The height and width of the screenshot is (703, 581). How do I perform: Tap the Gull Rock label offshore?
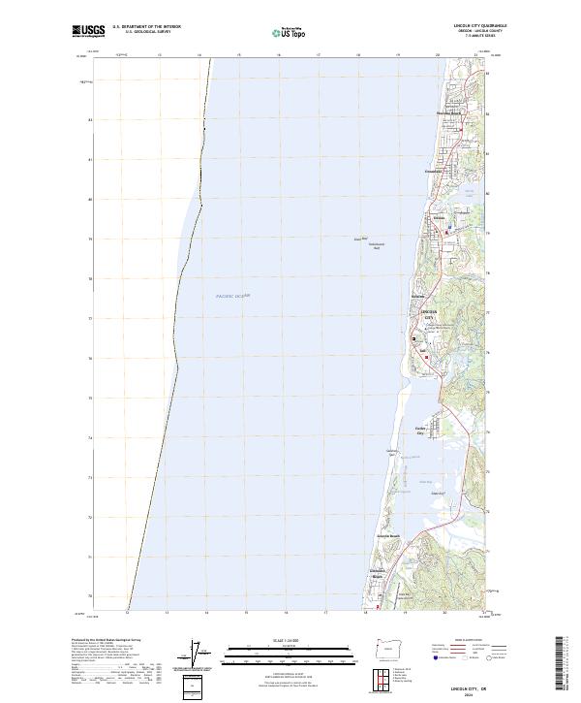tap(358, 239)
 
